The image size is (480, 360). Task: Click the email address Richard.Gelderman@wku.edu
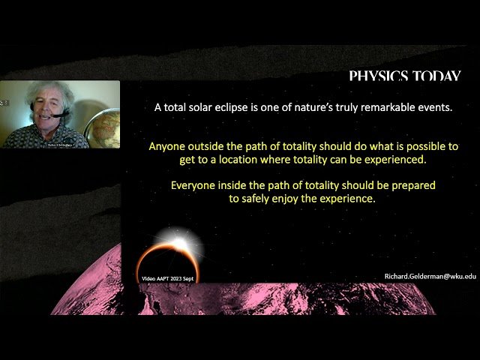(x=430, y=276)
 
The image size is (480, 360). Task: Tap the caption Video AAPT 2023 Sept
(x=171, y=278)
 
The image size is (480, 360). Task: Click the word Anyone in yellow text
(x=166, y=145)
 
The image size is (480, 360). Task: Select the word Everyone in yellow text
(x=196, y=184)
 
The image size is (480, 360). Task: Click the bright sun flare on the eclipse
(x=179, y=244)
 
